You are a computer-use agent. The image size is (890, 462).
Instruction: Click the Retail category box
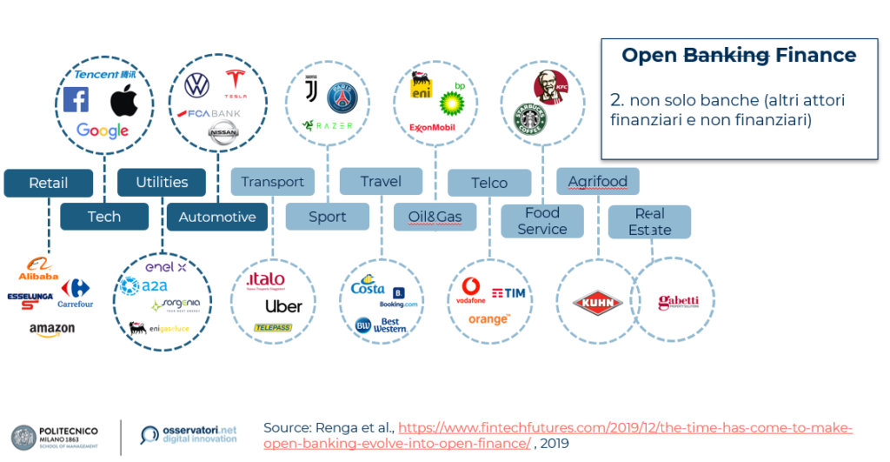pyautogui.click(x=48, y=184)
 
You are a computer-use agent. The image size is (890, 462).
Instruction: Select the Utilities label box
pyautogui.click(x=162, y=182)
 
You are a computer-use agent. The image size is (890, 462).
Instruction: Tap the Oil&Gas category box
pyautogui.click(x=435, y=217)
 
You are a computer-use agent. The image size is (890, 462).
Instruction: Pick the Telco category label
pyautogui.click(x=489, y=183)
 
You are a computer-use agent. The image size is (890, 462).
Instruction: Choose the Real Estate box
pyautogui.click(x=650, y=222)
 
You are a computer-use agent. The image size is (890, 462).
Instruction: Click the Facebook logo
pyautogui.click(x=76, y=101)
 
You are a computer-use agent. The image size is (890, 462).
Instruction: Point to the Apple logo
pyautogui.click(x=123, y=101)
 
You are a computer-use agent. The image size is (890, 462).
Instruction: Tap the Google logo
pyautogui.click(x=102, y=131)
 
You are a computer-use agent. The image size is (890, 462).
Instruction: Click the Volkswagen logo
pyautogui.click(x=197, y=85)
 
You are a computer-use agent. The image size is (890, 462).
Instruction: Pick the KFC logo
pyautogui.click(x=549, y=87)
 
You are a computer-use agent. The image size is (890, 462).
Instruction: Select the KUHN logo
pyautogui.click(x=596, y=303)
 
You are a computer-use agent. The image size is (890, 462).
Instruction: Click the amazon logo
pyautogui.click(x=51, y=330)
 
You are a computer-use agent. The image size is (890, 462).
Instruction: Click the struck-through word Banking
pyautogui.click(x=727, y=56)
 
